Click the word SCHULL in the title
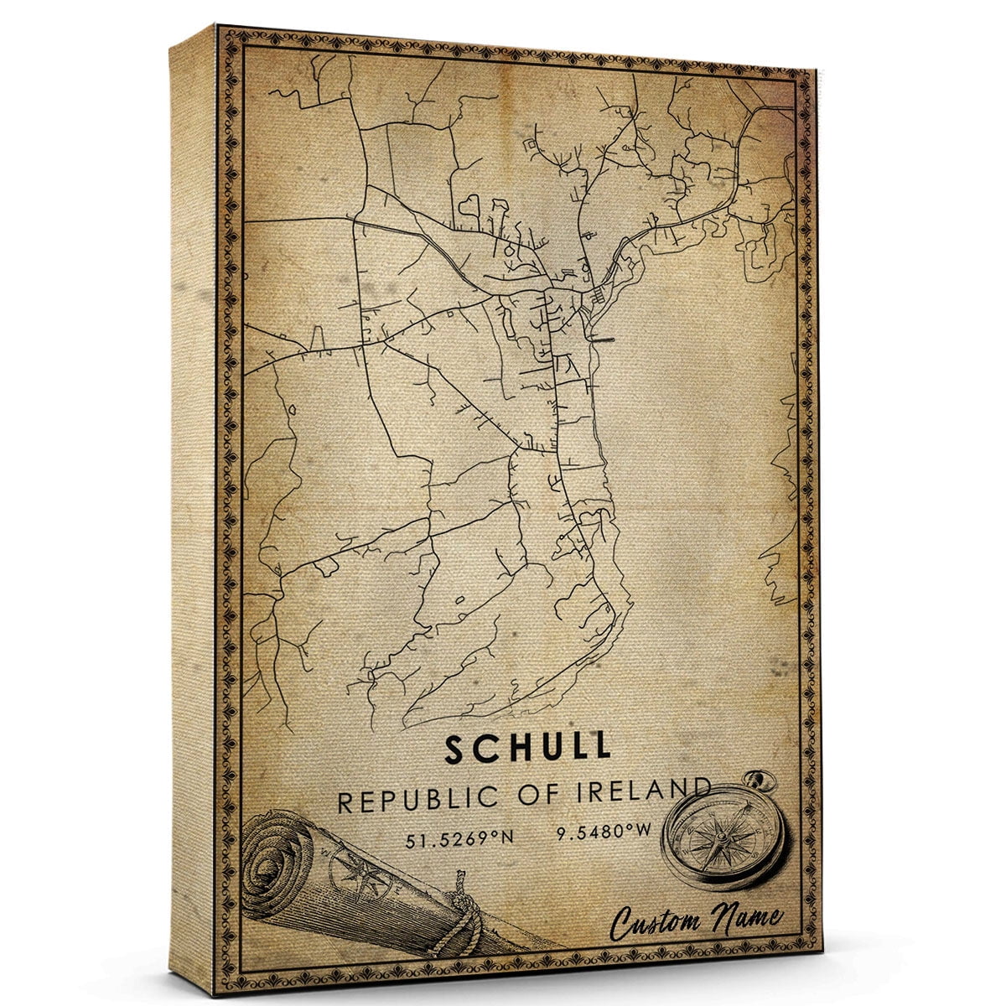528,749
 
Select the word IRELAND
647,793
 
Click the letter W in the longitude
644,834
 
